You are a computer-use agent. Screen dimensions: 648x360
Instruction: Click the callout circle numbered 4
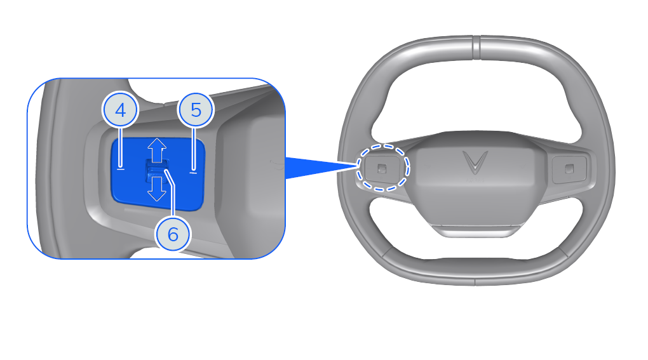point(120,110)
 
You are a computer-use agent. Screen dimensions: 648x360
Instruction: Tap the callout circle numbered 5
point(196,110)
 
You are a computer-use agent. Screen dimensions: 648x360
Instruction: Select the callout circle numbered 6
point(173,234)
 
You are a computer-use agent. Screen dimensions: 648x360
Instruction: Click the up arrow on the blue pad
point(157,150)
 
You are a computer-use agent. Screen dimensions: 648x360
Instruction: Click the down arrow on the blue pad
point(157,189)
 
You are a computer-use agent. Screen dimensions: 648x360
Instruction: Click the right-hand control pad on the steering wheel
point(569,168)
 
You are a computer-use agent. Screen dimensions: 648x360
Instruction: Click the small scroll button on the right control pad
point(569,168)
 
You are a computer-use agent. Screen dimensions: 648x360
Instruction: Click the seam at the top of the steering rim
point(476,48)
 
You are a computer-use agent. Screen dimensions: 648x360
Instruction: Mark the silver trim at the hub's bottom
point(478,230)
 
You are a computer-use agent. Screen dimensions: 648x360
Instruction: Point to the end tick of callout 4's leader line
point(121,168)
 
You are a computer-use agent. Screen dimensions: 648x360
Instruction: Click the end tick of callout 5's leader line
point(193,172)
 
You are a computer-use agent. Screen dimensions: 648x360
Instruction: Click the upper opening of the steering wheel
point(475,99)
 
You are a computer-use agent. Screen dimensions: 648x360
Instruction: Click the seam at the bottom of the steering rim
point(475,283)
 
